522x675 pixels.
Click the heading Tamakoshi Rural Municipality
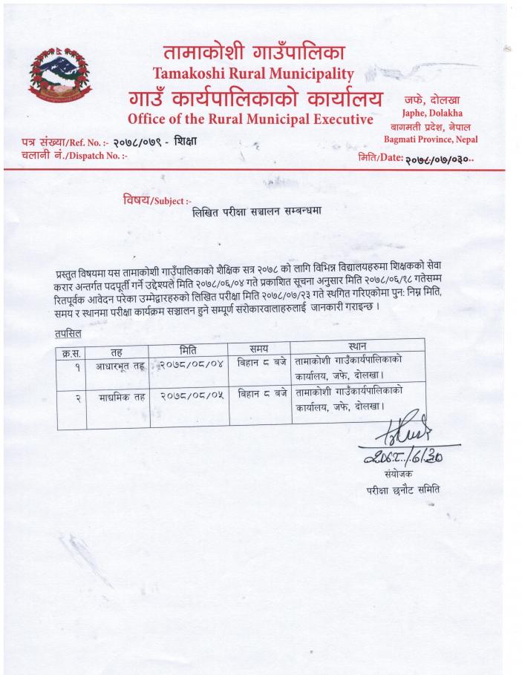point(253,73)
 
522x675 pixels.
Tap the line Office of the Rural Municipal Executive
point(249,119)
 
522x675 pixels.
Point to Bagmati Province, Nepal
point(431,139)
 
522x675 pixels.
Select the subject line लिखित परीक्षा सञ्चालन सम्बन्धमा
point(255,211)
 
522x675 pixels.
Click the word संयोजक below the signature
point(402,472)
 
